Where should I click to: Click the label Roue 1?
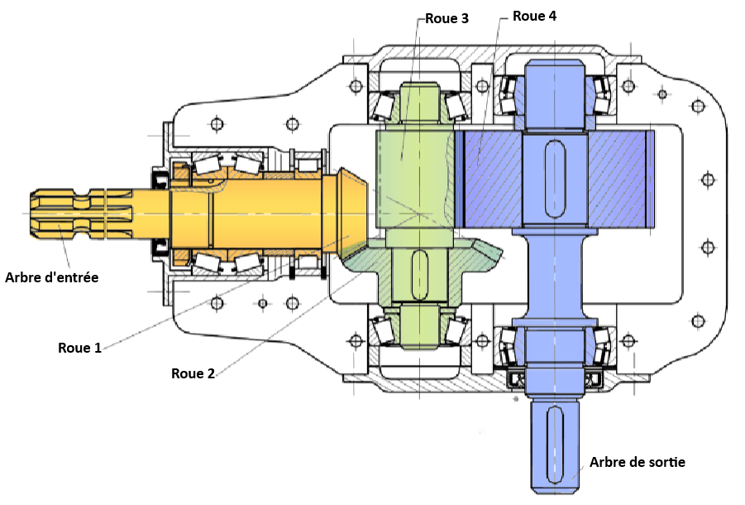[x=79, y=347]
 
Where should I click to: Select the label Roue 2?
[x=193, y=373]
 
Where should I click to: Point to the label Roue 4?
[x=534, y=16]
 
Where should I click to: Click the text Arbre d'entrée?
[x=52, y=277]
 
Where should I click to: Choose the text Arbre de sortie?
[x=637, y=462]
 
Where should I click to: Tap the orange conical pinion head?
[x=351, y=210]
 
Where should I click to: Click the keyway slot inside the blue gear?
[x=554, y=179]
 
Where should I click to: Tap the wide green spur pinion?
[x=413, y=178]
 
